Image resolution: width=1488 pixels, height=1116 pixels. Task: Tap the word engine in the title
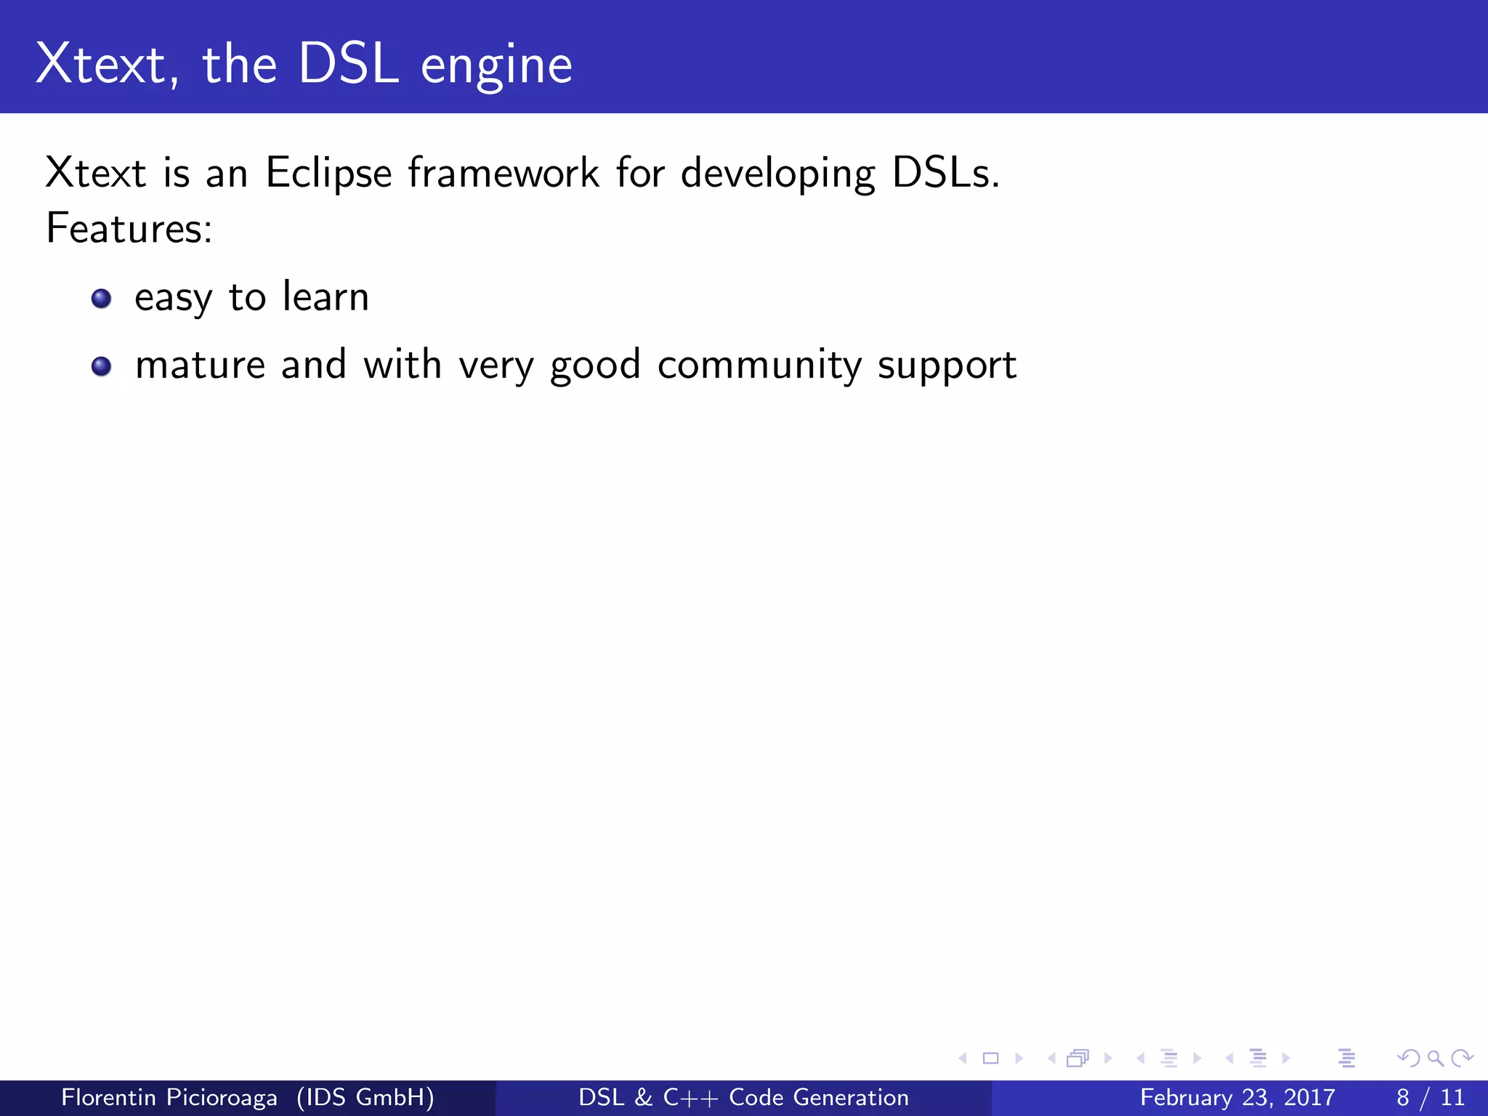tap(496, 67)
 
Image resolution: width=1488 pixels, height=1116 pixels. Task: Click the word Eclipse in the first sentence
tap(328, 174)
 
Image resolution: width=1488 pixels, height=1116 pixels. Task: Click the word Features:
tap(129, 228)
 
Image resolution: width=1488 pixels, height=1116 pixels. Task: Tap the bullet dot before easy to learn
tap(102, 299)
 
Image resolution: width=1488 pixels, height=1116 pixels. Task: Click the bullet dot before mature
tap(102, 366)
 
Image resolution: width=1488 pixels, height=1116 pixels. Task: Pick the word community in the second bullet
tap(759, 365)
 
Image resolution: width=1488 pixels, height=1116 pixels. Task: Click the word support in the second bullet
tap(946, 366)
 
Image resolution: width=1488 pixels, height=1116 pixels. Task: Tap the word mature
tap(200, 365)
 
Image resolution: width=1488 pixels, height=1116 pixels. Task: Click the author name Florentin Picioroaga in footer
tap(169, 1097)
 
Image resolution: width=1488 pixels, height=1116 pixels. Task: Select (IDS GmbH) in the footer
tap(365, 1097)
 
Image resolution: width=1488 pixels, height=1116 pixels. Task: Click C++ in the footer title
tap(690, 1097)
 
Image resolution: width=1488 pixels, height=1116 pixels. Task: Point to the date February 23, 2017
tap(1237, 1097)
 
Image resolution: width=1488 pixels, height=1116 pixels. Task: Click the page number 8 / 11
tap(1430, 1097)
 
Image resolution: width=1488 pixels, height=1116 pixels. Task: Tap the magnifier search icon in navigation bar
tap(1435, 1058)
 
